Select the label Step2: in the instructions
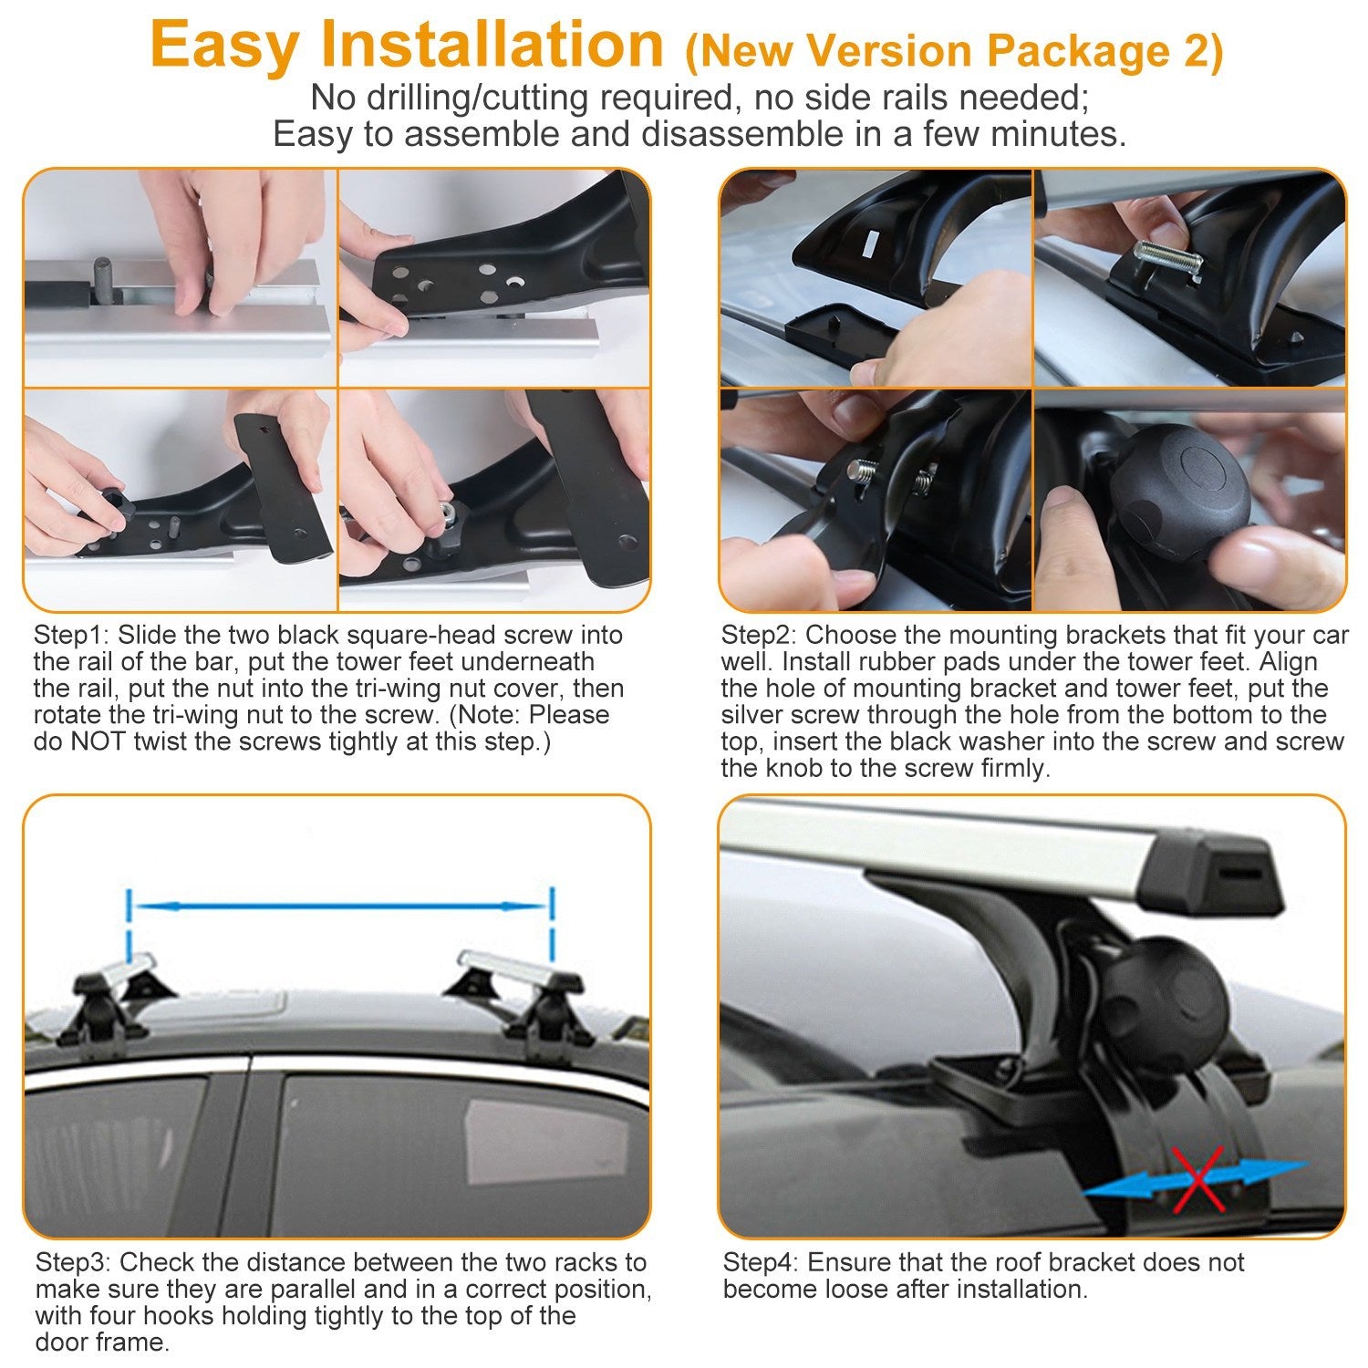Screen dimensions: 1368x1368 [x=759, y=636]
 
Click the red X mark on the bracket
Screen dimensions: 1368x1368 [x=1197, y=1179]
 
